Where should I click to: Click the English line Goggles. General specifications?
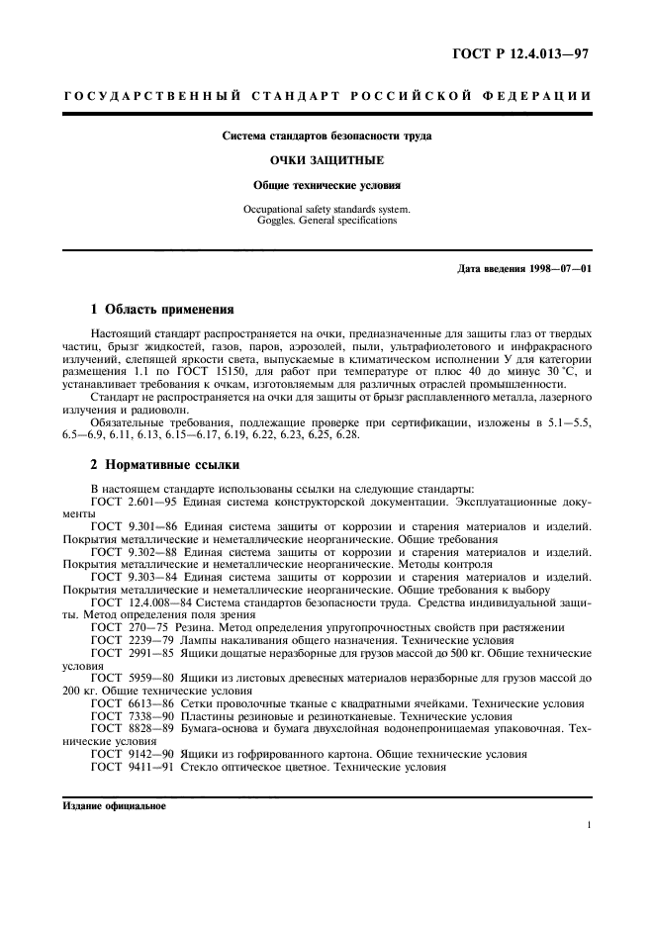pos(326,221)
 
